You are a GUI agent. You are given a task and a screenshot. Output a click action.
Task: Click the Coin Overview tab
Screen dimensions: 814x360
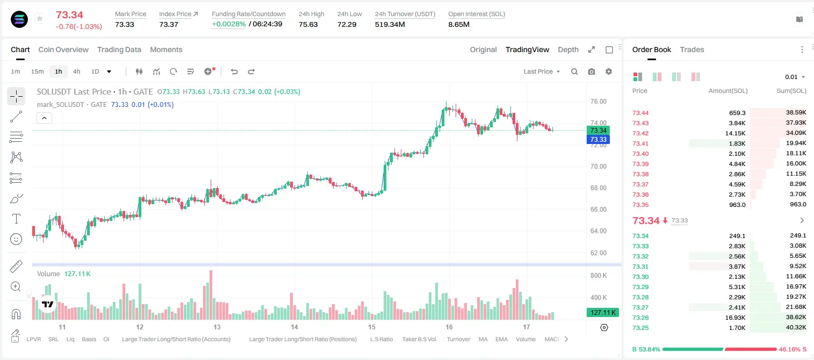tap(63, 49)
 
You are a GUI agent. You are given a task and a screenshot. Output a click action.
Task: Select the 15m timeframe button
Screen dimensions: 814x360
tap(37, 71)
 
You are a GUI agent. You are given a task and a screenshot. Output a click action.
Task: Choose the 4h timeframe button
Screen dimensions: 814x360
tap(76, 71)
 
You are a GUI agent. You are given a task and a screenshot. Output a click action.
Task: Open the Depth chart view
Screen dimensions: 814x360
tap(568, 49)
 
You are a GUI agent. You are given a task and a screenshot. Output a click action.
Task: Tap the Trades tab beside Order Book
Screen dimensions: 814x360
tap(692, 49)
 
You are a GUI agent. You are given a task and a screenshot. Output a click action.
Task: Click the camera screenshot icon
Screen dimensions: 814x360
tap(592, 71)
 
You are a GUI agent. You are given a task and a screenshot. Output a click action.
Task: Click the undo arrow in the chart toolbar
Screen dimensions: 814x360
tap(234, 71)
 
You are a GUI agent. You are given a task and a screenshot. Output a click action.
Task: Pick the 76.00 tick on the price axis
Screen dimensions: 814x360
tap(598, 102)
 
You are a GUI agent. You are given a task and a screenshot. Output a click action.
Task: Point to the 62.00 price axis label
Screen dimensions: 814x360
tap(598, 253)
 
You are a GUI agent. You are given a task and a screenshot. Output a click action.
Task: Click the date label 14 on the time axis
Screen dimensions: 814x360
tap(294, 327)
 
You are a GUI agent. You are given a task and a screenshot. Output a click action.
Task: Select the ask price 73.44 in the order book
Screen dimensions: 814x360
tap(640, 113)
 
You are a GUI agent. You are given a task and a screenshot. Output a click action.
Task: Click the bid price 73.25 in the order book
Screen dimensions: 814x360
tap(640, 328)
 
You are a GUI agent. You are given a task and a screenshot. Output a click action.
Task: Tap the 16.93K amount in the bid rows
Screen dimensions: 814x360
tap(735, 318)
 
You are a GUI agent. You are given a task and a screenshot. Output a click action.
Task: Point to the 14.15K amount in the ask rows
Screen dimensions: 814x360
tap(735, 133)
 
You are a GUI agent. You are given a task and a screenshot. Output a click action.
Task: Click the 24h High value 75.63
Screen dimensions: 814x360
tap(308, 24)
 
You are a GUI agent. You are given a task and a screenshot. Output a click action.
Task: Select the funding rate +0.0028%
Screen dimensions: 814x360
tap(228, 24)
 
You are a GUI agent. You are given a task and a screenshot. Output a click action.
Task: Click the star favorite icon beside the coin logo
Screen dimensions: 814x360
tap(40, 18)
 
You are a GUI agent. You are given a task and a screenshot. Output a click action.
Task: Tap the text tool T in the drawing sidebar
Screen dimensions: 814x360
tap(16, 219)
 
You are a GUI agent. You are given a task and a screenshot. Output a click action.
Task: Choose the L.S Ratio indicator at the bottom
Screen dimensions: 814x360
tap(381, 339)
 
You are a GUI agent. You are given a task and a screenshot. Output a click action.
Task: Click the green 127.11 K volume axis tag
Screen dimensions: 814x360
tap(602, 312)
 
